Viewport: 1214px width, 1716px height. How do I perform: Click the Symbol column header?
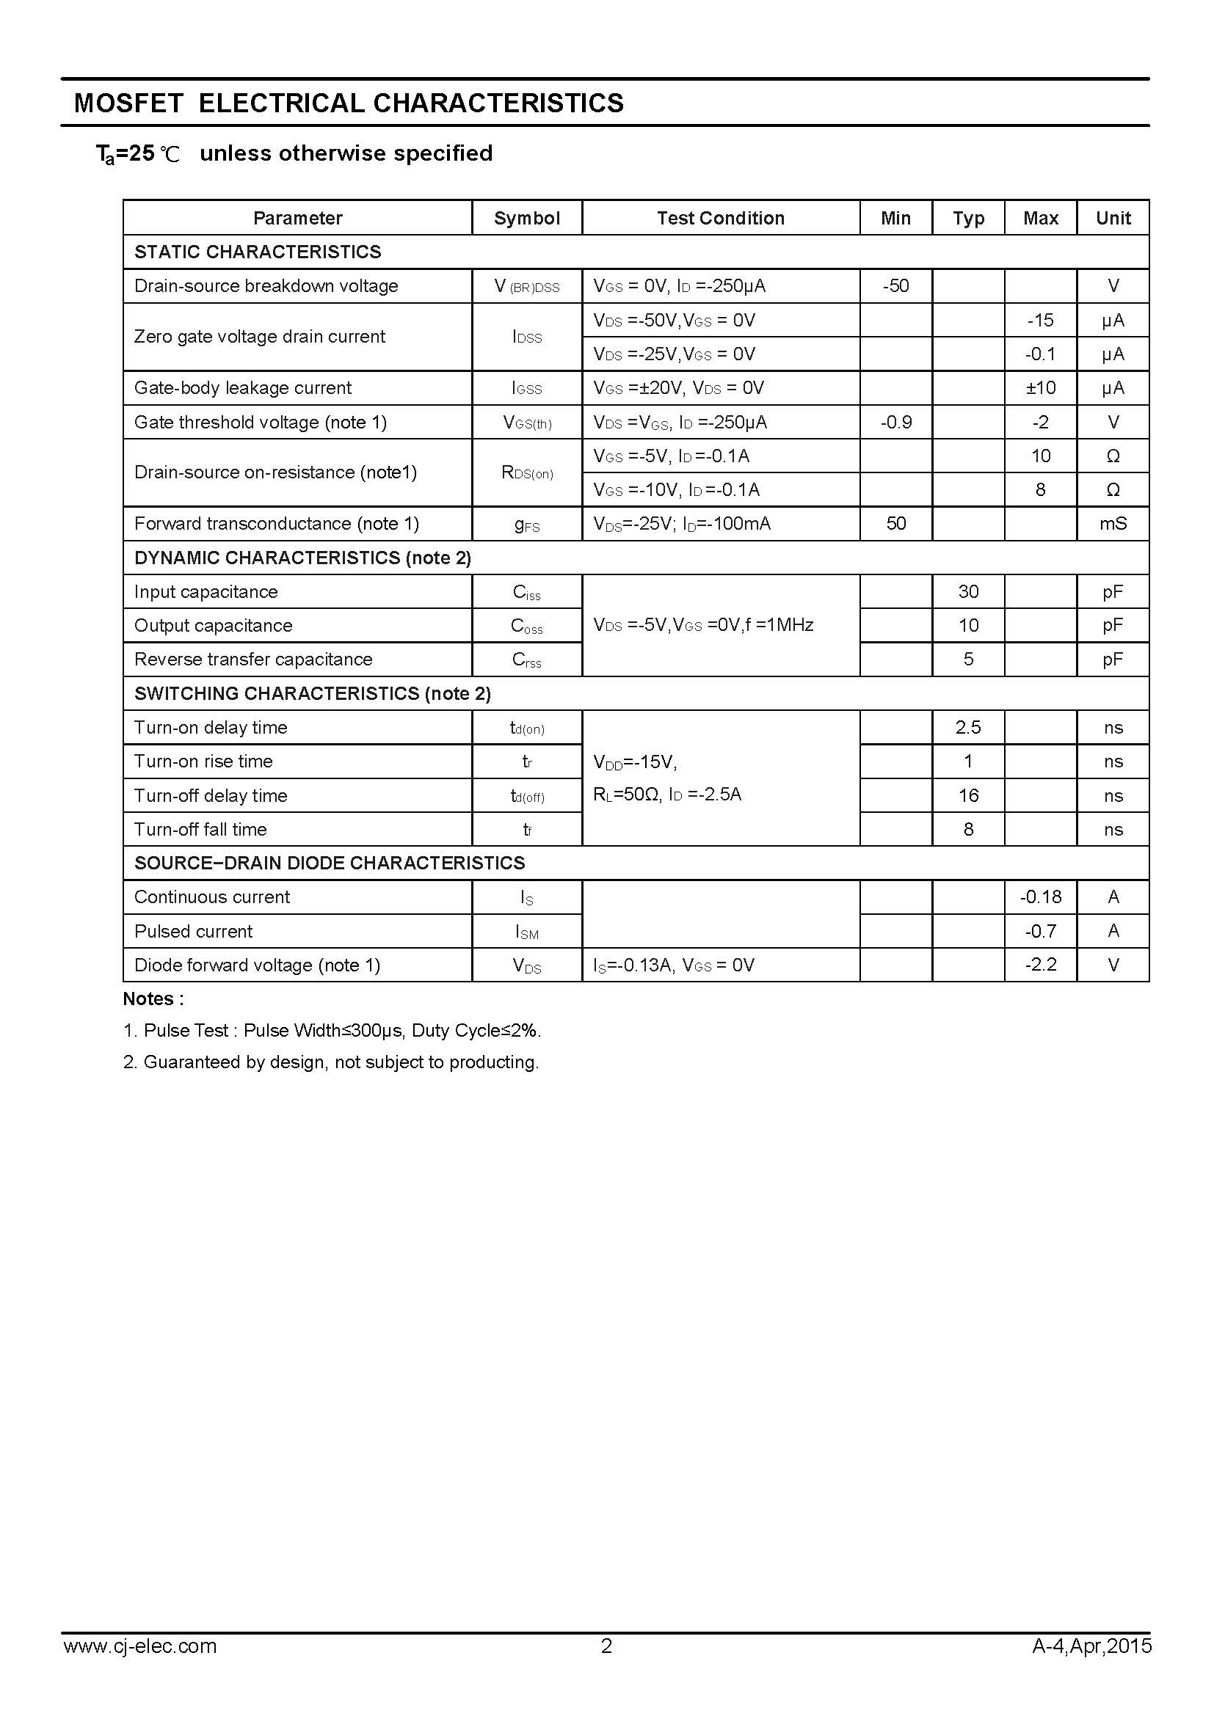click(x=526, y=218)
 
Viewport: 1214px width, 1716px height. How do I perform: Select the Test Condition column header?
click(x=721, y=218)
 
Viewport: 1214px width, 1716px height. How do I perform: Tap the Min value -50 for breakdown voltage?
click(x=895, y=286)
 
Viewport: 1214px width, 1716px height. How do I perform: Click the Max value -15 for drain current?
click(x=1040, y=321)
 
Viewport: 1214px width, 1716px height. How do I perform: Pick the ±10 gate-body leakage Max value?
click(x=1040, y=388)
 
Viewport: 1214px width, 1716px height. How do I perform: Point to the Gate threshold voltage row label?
click(x=260, y=423)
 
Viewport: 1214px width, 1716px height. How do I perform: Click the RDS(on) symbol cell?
click(x=526, y=472)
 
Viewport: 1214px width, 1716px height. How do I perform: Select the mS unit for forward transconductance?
click(x=1112, y=524)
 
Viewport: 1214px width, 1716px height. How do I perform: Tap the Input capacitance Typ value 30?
click(x=968, y=592)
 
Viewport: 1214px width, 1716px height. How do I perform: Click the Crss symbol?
click(x=526, y=660)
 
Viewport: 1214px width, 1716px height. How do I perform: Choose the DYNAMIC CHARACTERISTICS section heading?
click(x=302, y=558)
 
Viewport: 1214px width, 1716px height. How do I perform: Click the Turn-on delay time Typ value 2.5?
click(x=968, y=728)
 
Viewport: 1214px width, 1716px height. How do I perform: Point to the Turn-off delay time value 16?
click(x=968, y=796)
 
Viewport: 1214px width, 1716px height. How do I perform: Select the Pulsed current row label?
click(x=194, y=931)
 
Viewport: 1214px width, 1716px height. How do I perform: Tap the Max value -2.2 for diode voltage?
click(x=1040, y=965)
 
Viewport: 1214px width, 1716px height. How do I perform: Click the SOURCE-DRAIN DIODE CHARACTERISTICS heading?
click(x=330, y=864)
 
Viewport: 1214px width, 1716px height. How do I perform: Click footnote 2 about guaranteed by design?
click(x=330, y=1062)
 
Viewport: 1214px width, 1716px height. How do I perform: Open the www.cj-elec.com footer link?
click(x=140, y=1667)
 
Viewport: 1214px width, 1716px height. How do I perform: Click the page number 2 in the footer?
click(x=606, y=1667)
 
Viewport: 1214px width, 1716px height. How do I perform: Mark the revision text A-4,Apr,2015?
click(x=1091, y=1667)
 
